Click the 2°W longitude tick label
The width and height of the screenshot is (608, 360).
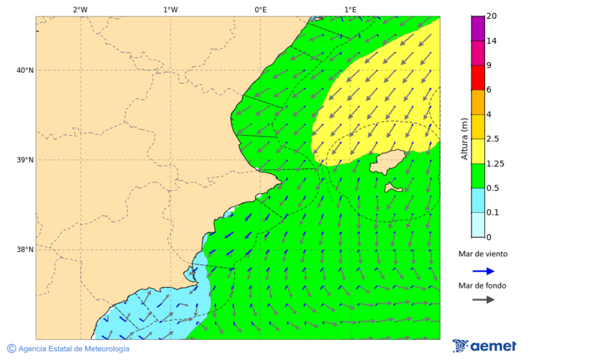80,9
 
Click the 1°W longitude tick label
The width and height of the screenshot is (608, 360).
170,9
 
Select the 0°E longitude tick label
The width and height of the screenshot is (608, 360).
260,9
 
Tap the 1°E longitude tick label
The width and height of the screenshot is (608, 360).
351,9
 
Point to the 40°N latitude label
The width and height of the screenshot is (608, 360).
24,70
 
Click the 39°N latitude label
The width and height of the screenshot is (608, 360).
24,160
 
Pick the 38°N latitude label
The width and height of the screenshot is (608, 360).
24,250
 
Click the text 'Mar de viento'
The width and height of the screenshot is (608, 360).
482,255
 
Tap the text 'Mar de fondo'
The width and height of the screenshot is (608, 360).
482,285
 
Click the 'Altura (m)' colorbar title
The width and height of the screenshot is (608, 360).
464,138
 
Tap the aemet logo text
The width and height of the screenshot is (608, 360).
492,346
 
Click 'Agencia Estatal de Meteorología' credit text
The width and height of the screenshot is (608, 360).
73,349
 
